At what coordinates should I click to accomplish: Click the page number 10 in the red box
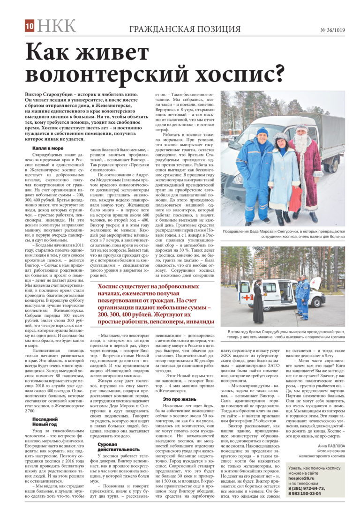pos(29,27)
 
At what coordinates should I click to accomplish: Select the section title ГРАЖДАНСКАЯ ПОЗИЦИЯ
pos(185,29)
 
